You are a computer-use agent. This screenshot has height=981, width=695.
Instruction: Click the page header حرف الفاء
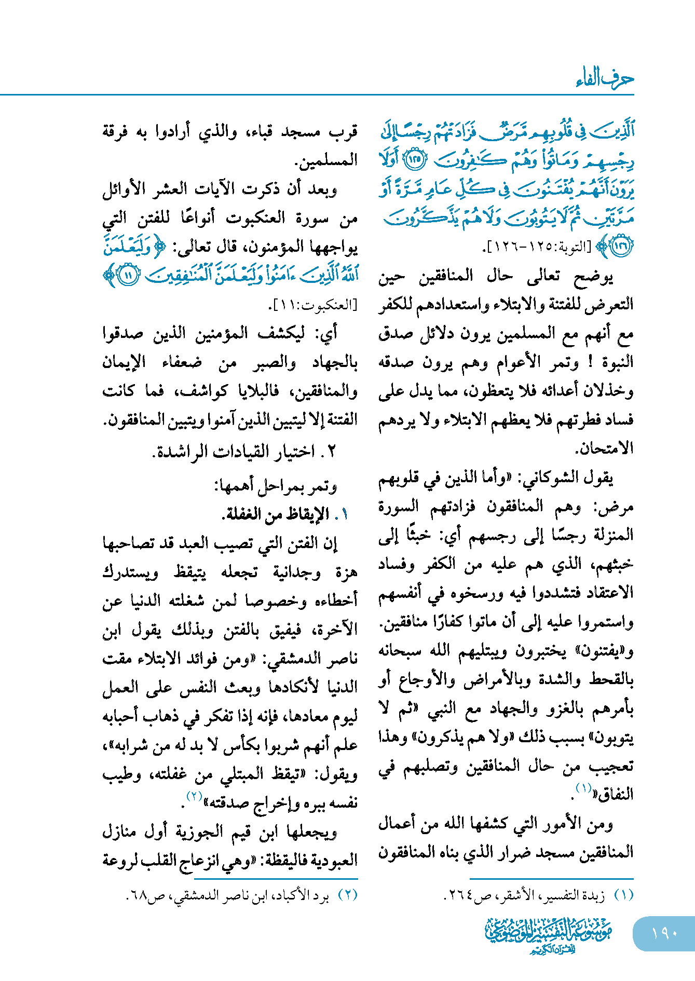(605, 79)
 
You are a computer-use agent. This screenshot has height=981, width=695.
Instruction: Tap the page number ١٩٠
(665, 933)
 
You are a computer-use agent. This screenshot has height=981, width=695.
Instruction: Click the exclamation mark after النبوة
(590, 362)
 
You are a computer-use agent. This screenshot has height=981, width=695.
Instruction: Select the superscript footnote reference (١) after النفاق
(584, 789)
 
